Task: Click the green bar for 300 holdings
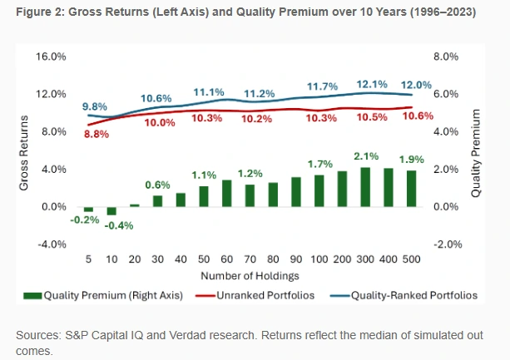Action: pos(364,187)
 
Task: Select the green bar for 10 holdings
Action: pos(111,210)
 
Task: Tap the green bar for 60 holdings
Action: pos(226,193)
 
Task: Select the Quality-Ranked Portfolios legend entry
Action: pos(410,294)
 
